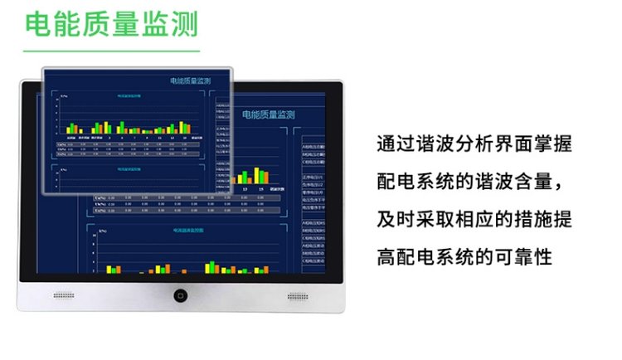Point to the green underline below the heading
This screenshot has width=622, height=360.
point(113,51)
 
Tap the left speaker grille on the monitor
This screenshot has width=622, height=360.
point(65,296)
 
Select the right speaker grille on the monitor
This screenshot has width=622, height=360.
point(298,296)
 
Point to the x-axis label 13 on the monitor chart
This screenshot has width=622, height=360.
point(246,189)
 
